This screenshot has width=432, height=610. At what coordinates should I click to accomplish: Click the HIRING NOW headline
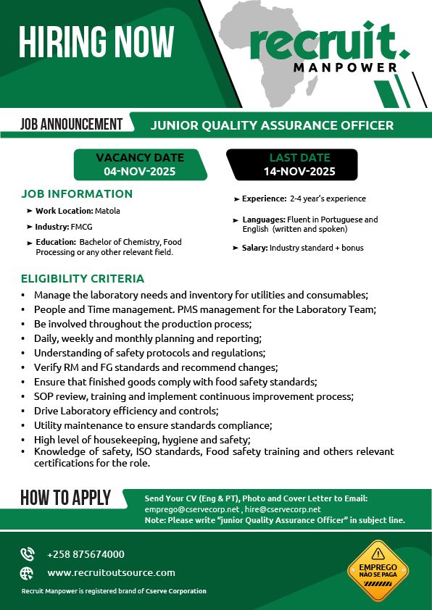pyautogui.click(x=96, y=41)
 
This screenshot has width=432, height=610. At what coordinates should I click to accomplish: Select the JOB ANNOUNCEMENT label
pyautogui.click(x=72, y=124)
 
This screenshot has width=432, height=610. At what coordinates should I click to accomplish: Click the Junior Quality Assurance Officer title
pyautogui.click(x=272, y=125)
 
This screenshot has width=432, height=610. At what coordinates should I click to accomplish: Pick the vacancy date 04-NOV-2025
pyautogui.click(x=140, y=172)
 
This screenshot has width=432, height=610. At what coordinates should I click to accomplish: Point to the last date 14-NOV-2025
pyautogui.click(x=299, y=172)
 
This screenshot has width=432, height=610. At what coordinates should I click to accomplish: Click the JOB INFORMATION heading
pyautogui.click(x=77, y=194)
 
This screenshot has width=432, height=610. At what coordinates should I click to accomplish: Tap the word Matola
pyautogui.click(x=107, y=211)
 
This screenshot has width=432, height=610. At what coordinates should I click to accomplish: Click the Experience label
pyautogui.click(x=264, y=199)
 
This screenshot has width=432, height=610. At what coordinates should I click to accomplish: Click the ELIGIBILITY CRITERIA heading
pyautogui.click(x=83, y=278)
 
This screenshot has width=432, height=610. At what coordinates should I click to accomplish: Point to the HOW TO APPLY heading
pyautogui.click(x=66, y=498)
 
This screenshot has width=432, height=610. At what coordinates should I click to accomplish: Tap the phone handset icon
pyautogui.click(x=28, y=554)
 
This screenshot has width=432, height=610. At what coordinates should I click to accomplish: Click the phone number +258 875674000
pyautogui.click(x=86, y=554)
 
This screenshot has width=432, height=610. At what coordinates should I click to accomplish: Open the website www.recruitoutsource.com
pyautogui.click(x=111, y=572)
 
